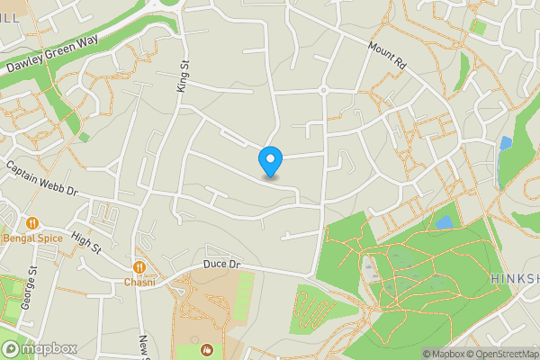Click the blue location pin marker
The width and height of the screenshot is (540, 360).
270,162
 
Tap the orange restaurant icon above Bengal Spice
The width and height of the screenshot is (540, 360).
31,223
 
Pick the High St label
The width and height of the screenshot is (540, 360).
86,242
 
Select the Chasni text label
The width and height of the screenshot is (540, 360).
139,283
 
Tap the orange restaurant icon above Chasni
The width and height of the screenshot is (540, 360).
139,267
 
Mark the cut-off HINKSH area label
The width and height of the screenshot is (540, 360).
516,280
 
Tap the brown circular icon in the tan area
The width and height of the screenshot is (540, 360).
206,349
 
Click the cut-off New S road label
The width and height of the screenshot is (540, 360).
143,347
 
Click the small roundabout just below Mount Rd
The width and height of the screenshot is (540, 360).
321,90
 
